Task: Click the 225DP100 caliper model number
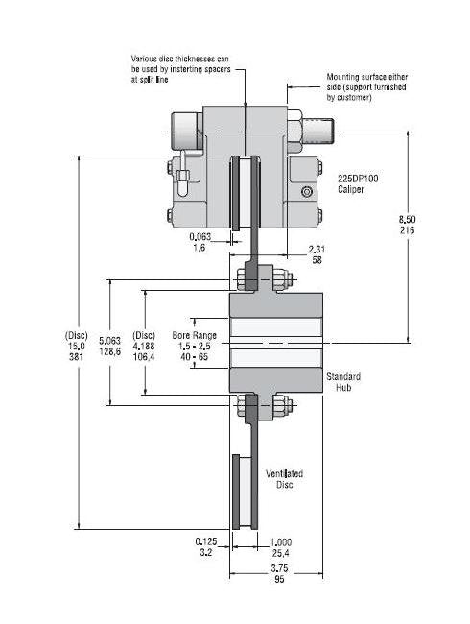[x=358, y=179]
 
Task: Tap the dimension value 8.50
[x=408, y=219]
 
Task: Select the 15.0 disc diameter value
[x=76, y=347]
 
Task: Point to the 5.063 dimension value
[x=109, y=341]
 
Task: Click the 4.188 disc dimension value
[x=144, y=347]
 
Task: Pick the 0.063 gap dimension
[x=200, y=237]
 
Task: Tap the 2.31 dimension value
[x=317, y=250]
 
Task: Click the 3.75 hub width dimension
[x=279, y=568]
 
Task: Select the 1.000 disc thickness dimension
[x=281, y=542]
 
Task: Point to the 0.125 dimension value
[x=206, y=541]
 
